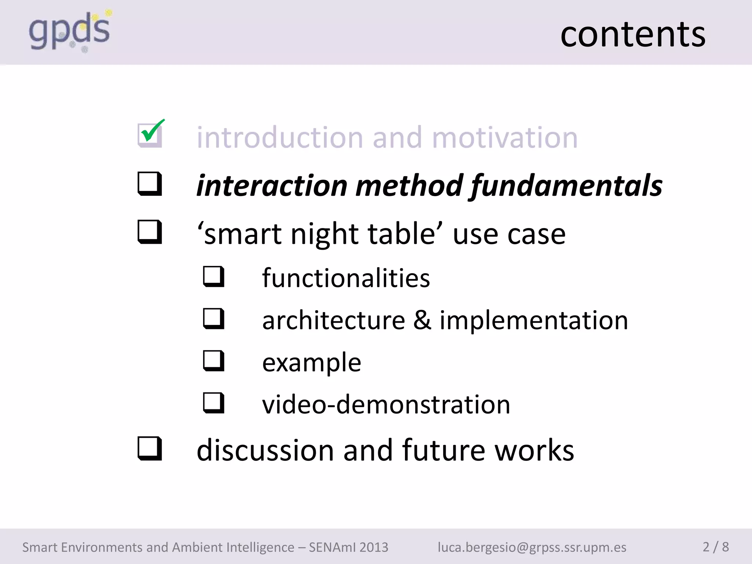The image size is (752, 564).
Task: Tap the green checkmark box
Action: click(x=150, y=134)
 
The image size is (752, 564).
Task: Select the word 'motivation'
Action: click(x=505, y=137)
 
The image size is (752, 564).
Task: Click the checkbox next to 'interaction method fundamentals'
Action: click(x=149, y=184)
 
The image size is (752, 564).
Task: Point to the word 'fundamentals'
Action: click(x=566, y=185)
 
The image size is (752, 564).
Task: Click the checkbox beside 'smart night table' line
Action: click(x=149, y=232)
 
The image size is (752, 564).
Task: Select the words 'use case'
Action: click(x=509, y=234)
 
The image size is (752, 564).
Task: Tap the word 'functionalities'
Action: click(x=346, y=278)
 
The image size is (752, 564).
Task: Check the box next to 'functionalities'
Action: click(x=214, y=276)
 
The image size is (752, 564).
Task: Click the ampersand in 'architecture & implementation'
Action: click(x=422, y=320)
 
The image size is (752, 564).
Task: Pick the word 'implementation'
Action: click(x=534, y=320)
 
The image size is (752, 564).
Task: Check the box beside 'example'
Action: click(x=214, y=361)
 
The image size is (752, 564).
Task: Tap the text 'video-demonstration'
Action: click(x=386, y=404)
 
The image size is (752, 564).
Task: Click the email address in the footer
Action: click(x=532, y=547)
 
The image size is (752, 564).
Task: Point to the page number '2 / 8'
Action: click(x=715, y=547)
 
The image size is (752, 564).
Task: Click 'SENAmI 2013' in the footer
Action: click(x=348, y=547)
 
